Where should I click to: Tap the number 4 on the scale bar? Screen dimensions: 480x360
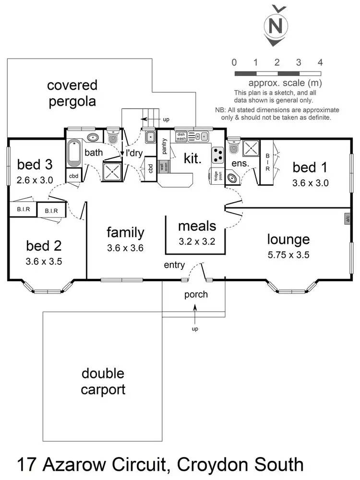[320, 62]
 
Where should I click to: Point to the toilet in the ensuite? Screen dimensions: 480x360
[234, 146]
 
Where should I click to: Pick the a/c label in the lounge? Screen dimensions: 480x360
[347, 218]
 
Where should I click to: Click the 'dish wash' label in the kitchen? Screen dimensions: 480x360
[181, 136]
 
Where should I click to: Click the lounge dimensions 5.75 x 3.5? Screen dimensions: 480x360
[288, 255]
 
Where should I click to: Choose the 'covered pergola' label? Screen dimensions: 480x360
[72, 93]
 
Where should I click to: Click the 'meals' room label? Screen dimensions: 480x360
[197, 226]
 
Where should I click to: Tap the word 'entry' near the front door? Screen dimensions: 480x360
[174, 265]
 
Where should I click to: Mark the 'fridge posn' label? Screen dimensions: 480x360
[214, 176]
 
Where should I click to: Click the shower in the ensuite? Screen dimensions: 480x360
[251, 149]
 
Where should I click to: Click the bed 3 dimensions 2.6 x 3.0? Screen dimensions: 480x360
[35, 180]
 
